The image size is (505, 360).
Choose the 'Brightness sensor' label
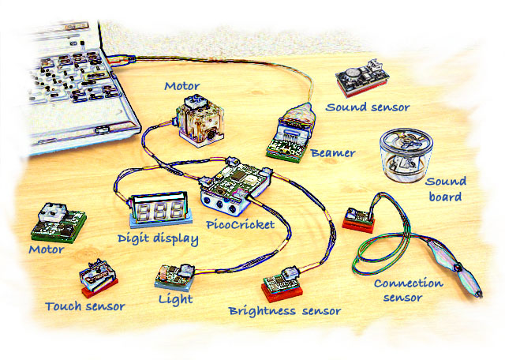(x=284, y=311)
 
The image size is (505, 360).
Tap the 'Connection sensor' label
(x=403, y=290)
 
